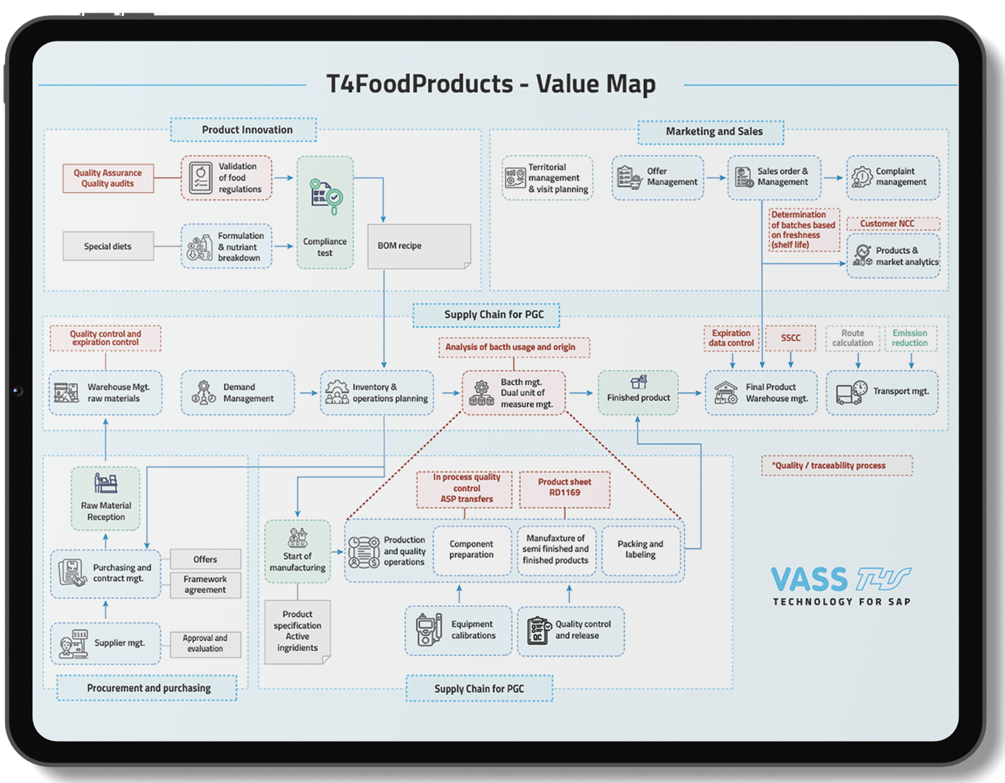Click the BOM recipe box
tap(419, 246)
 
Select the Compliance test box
tap(325, 212)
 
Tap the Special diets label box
tap(108, 246)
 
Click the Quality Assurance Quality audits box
tap(108, 178)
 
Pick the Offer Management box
tap(657, 178)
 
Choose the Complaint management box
tap(893, 178)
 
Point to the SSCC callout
tap(790, 338)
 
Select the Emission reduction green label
tap(910, 338)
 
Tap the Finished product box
tap(638, 392)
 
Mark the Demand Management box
tap(238, 392)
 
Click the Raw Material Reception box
tap(106, 499)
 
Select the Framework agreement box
tap(205, 585)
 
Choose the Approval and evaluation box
tap(205, 644)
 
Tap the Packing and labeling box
tap(640, 550)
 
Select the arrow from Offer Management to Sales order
tap(715, 178)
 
